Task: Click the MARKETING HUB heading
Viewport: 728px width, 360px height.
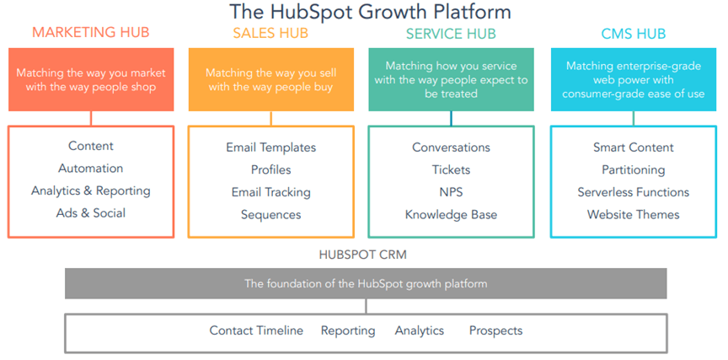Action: click(x=91, y=33)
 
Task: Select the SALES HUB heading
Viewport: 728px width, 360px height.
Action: click(x=270, y=33)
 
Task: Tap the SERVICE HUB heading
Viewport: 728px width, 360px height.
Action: click(x=451, y=34)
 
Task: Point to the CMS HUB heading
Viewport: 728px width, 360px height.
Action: click(x=634, y=34)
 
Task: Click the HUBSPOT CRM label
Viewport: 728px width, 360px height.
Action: click(x=363, y=255)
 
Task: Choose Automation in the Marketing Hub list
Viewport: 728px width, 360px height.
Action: click(x=90, y=168)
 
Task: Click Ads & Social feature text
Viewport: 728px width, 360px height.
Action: click(x=91, y=213)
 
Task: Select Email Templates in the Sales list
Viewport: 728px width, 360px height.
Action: click(x=271, y=148)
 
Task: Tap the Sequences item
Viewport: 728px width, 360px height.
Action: click(x=270, y=215)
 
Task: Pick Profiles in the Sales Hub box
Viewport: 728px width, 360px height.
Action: click(x=271, y=170)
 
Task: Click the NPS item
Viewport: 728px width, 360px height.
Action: click(x=452, y=192)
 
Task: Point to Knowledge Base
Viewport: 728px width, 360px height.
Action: click(x=452, y=215)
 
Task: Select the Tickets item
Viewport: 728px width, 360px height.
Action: click(x=452, y=170)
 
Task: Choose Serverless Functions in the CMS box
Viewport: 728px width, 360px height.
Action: click(x=634, y=192)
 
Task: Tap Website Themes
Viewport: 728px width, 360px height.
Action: click(x=634, y=215)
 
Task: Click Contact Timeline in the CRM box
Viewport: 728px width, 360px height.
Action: click(x=256, y=330)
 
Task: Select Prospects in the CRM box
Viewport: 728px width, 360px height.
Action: click(x=495, y=330)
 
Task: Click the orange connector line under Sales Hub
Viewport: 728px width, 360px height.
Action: click(x=271, y=118)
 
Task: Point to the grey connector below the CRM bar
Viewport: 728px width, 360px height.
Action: click(x=366, y=306)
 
